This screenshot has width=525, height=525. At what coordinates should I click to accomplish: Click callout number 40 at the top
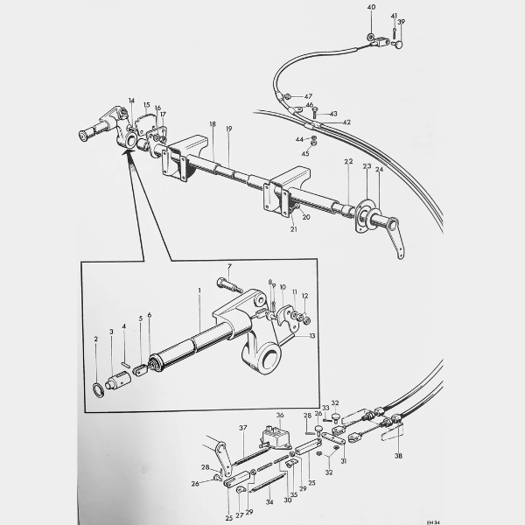371,7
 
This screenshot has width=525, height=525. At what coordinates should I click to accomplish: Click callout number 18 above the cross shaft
212,124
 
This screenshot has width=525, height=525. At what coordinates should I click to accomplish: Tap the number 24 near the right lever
379,171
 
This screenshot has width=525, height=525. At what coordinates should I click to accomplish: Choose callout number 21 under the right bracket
294,228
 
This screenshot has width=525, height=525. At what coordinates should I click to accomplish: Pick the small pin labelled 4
127,357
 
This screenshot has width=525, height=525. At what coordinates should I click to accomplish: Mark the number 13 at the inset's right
312,335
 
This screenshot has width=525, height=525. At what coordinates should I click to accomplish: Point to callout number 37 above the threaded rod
243,427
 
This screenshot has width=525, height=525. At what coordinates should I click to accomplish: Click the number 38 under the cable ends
400,456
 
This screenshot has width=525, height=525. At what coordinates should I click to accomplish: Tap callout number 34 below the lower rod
269,502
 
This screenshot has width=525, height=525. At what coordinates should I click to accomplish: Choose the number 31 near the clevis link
344,461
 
